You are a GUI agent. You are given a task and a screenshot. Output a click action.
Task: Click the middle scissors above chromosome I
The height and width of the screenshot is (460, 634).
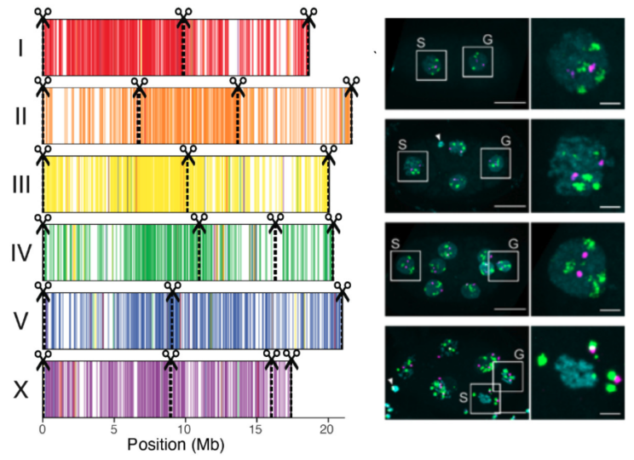(x=183, y=14)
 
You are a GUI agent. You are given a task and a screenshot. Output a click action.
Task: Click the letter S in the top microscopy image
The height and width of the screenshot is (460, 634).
(x=420, y=41)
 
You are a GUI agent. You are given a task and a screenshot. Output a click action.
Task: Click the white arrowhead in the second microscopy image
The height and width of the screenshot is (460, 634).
(x=438, y=136)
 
